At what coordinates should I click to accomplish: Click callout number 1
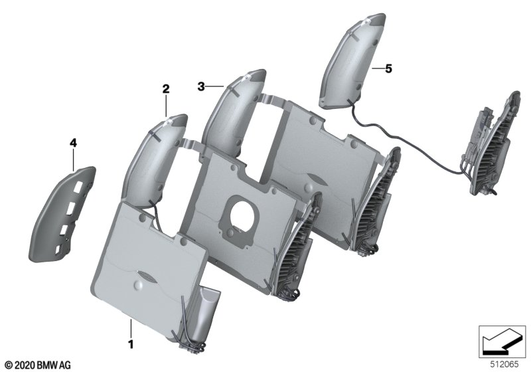coord(131,344)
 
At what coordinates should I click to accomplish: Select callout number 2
coord(165,89)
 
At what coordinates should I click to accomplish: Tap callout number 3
coord(201,87)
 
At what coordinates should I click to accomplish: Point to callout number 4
coord(73,143)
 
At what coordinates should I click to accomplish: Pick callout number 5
coord(388,69)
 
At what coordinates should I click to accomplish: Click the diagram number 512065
coord(504,365)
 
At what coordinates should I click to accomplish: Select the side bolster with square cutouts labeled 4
coord(62,214)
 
